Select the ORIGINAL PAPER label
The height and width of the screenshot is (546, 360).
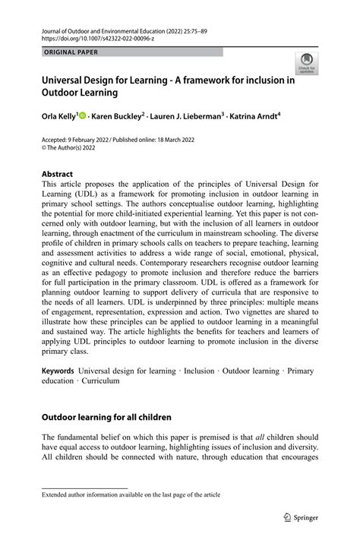[71, 52]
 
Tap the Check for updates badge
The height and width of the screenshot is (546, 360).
[307, 64]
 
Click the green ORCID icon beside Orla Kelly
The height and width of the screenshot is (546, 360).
[84, 116]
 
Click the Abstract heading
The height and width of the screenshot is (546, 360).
[58, 174]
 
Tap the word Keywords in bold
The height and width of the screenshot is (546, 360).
[58, 371]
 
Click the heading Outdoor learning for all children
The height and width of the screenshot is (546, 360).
[106, 417]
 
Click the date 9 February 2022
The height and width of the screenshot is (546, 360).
[93, 140]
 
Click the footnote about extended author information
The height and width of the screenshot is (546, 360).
[131, 494]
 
